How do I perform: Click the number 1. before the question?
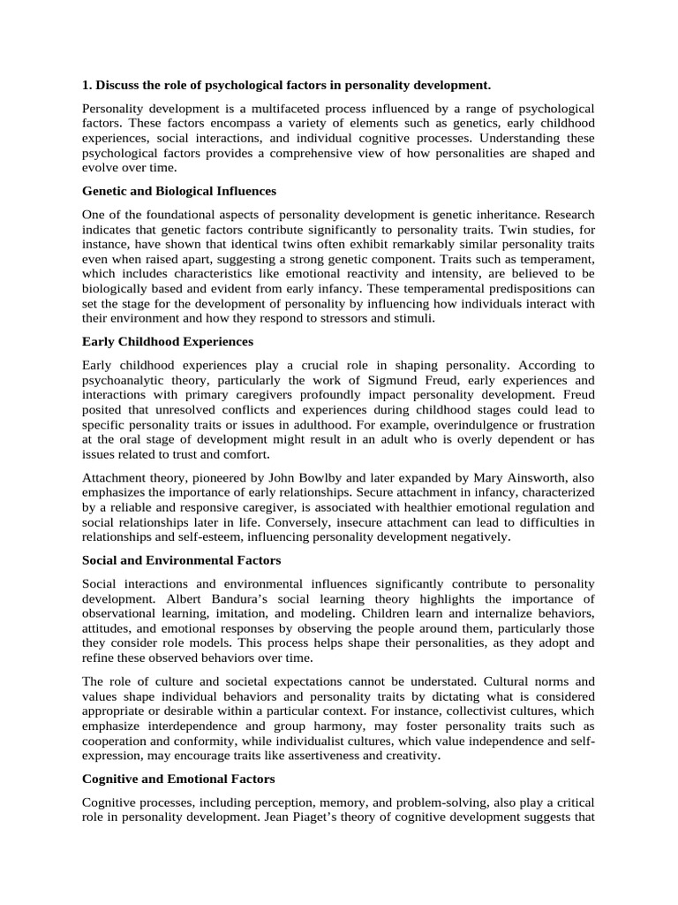tap(87, 85)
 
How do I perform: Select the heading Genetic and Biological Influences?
tap(179, 191)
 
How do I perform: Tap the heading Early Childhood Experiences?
tap(168, 341)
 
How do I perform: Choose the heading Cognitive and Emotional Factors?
tap(178, 779)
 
